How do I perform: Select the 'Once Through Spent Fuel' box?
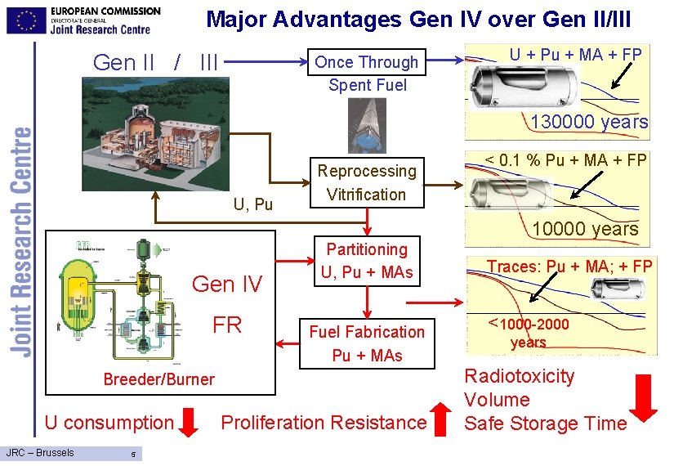click(367, 73)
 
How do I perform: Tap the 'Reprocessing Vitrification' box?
click(367, 182)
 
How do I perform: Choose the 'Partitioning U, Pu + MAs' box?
click(367, 261)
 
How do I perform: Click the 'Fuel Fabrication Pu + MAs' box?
click(367, 343)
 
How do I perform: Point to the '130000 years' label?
click(589, 123)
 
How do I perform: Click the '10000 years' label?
click(585, 229)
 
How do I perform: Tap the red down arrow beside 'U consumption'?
click(189, 422)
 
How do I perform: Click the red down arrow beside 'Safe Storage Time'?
click(644, 399)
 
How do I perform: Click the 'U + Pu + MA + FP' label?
click(575, 55)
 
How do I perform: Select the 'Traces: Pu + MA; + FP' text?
click(569, 266)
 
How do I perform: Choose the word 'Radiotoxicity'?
click(520, 377)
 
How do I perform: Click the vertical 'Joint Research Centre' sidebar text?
click(22, 241)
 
